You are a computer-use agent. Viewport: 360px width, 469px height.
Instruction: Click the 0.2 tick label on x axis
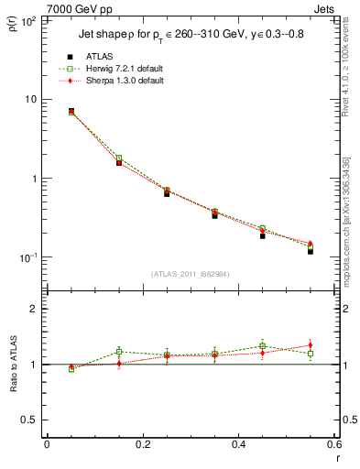142,444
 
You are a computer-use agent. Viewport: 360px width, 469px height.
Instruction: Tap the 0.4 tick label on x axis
238,444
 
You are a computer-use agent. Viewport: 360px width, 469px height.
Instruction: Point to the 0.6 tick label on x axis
333,444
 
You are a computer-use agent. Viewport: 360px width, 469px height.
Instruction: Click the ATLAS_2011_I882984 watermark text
191,274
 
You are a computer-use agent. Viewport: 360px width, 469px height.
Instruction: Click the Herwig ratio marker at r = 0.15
119,352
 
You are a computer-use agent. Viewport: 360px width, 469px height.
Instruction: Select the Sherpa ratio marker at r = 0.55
311,345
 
